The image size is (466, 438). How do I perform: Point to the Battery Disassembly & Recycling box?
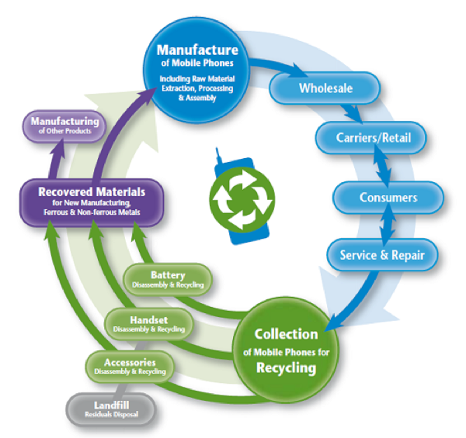[169, 279]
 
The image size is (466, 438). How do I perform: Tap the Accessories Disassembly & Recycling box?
[124, 365]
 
